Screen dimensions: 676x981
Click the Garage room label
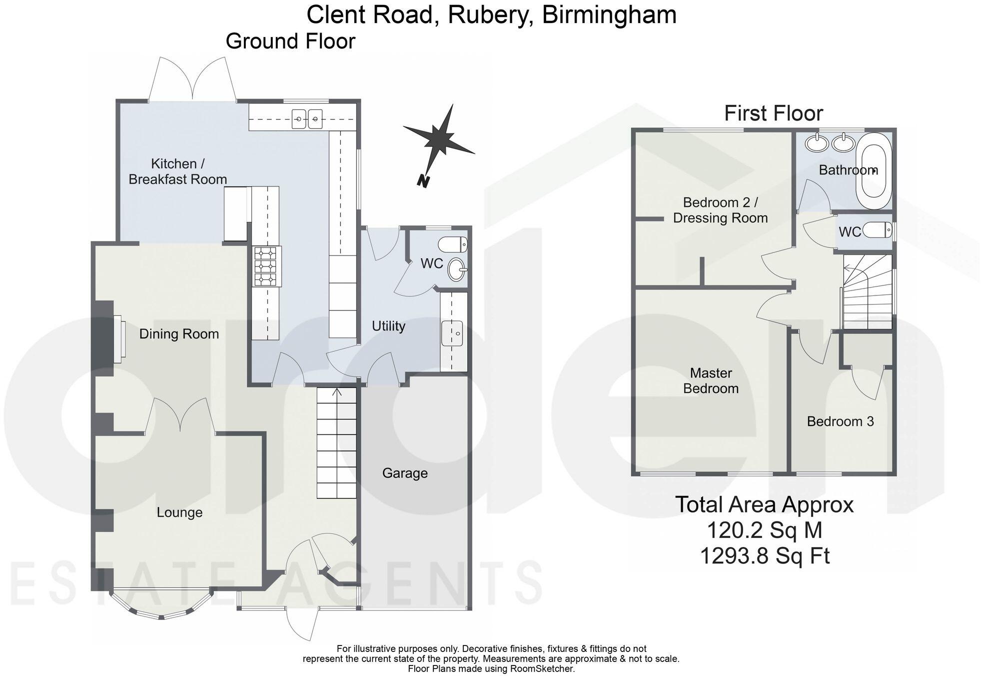(405, 473)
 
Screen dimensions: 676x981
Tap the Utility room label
(388, 326)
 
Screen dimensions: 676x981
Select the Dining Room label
(179, 334)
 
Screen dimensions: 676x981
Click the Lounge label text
(179, 512)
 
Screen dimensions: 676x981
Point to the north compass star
(440, 137)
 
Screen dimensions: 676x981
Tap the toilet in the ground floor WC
(453, 244)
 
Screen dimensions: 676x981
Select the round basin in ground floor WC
(457, 269)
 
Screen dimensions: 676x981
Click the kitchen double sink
(307, 119)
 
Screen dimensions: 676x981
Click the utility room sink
(452, 333)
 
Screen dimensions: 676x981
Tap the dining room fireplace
(119, 339)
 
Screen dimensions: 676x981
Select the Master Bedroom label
(711, 380)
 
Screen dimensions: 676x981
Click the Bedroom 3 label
(840, 421)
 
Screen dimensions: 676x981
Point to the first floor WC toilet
(878, 231)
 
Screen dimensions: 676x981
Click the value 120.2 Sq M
(764, 530)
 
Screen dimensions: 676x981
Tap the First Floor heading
(773, 113)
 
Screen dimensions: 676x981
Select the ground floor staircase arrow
(337, 392)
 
